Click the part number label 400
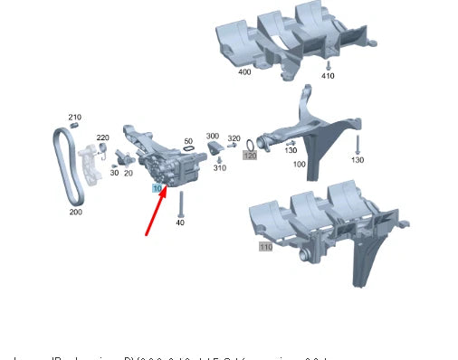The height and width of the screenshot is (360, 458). pos(244,71)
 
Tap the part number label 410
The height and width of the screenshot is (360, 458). pos(328,76)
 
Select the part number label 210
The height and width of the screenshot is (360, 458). pos(74,117)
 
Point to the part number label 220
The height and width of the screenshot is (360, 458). pos(102,137)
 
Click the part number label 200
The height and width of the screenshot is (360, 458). pos(75,213)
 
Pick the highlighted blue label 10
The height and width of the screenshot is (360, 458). pos(157,188)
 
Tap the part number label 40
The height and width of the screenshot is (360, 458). pos(180,223)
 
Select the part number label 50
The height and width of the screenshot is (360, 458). pos(188,141)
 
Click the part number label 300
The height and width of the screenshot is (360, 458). pos(213,136)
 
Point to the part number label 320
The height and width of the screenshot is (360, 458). pos(234,138)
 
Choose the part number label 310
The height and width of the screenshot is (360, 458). pos(220,168)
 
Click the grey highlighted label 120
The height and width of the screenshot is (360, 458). pos(250,156)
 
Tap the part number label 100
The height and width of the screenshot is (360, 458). pos(299,165)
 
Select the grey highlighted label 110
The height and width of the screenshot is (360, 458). pos(265,246)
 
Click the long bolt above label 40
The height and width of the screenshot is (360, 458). pos(180,203)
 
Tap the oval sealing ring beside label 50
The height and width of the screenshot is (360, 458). pos(188,151)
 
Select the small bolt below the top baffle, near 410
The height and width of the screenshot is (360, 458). pos(328,65)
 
